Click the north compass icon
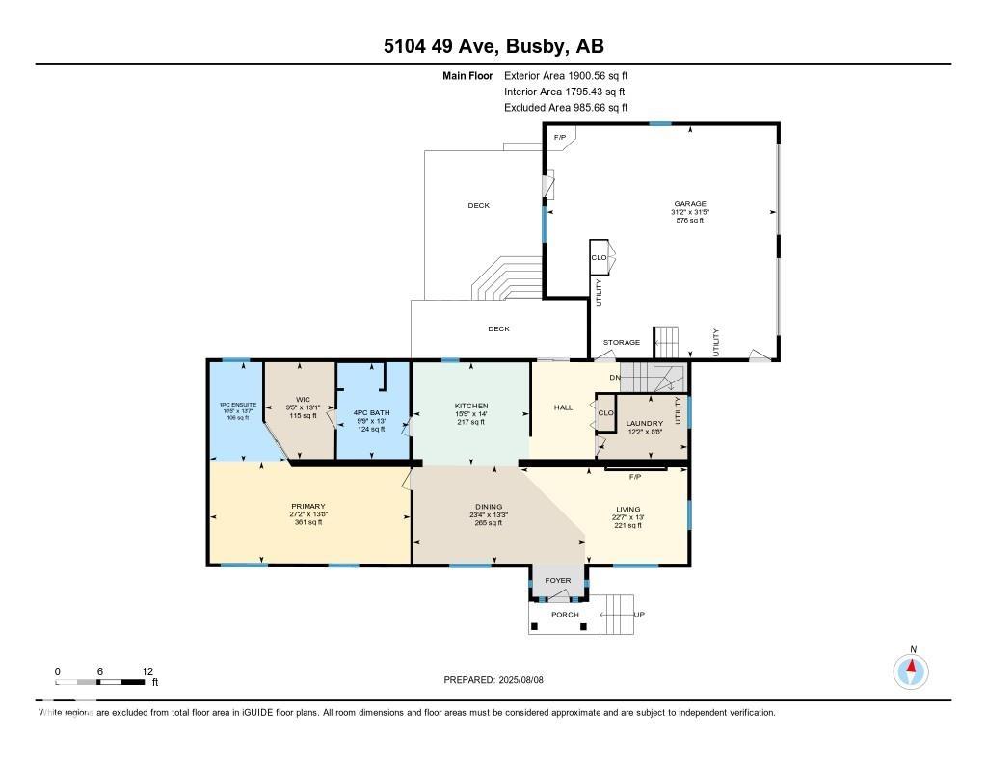tap(911, 670)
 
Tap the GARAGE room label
tap(689, 204)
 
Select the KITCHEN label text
tap(471, 407)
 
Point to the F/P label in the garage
tap(559, 138)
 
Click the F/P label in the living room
tap(635, 477)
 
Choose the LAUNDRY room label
tap(644, 423)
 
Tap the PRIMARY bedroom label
tap(308, 506)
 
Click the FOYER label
tap(558, 581)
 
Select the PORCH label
tap(565, 615)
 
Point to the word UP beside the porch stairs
tap(637, 615)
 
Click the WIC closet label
tap(303, 399)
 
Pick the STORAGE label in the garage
tap(622, 342)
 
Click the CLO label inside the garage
tap(599, 257)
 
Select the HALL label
tap(564, 407)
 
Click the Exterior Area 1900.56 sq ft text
tap(566, 75)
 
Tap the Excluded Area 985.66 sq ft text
tap(566, 108)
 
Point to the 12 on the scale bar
tap(147, 671)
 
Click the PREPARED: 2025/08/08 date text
tap(500, 680)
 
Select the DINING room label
tap(488, 507)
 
